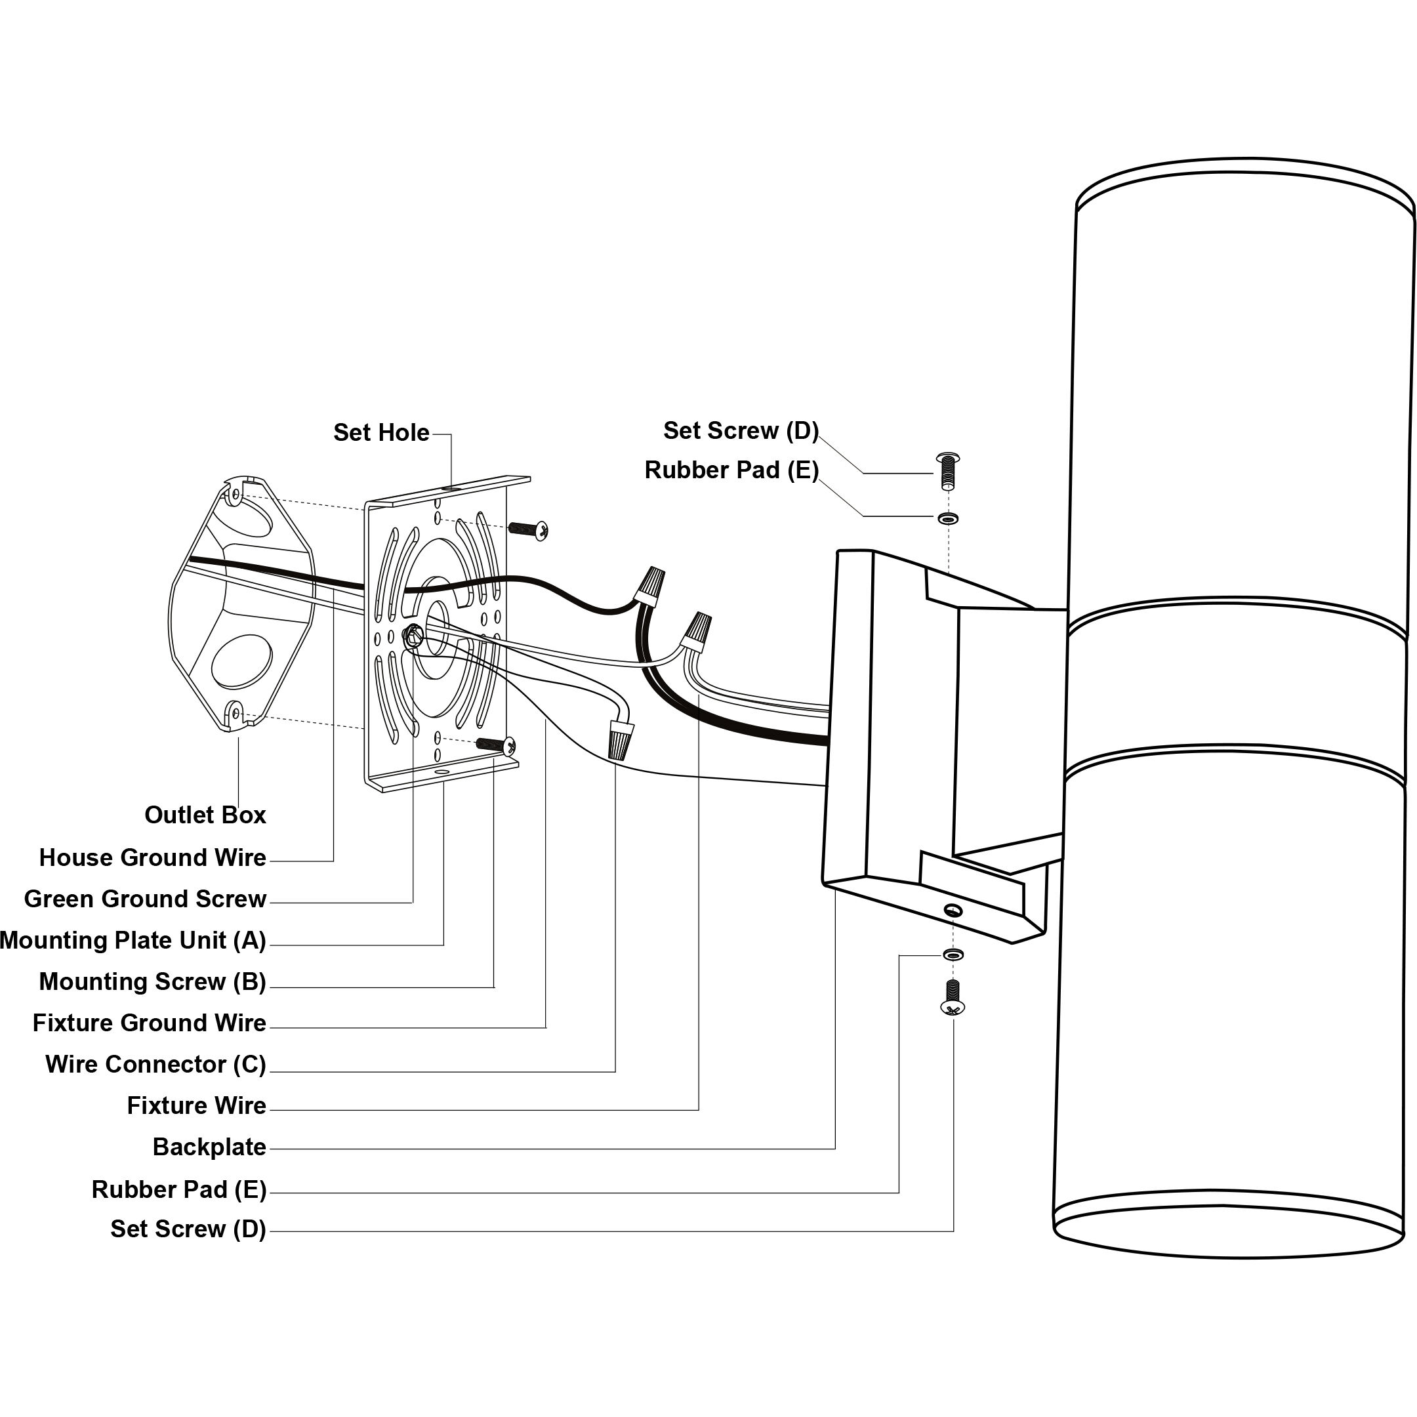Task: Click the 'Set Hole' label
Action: (380, 433)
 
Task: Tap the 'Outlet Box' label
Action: (205, 815)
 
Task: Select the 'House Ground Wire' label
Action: (153, 857)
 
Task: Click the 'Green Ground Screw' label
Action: (144, 899)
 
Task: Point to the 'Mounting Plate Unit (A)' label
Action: (133, 940)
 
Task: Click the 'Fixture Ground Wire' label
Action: (149, 1023)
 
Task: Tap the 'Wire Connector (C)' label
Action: (155, 1064)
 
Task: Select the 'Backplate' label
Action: (209, 1147)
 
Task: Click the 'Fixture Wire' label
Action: (196, 1105)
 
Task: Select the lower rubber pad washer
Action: (953, 955)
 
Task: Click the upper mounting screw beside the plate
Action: (529, 529)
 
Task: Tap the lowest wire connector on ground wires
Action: (620, 739)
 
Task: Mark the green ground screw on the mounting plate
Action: (414, 635)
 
